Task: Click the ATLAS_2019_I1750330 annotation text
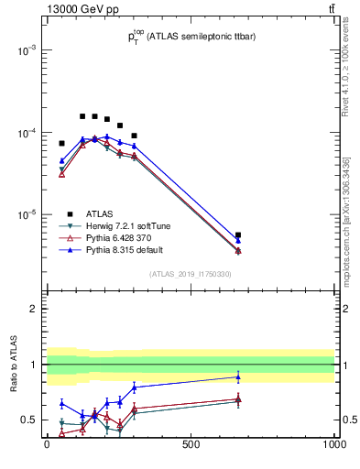(191, 274)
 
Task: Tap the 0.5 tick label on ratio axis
(28, 420)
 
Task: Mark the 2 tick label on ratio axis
(32, 309)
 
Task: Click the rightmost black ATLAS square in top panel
(238, 235)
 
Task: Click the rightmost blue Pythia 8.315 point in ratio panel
(238, 376)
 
